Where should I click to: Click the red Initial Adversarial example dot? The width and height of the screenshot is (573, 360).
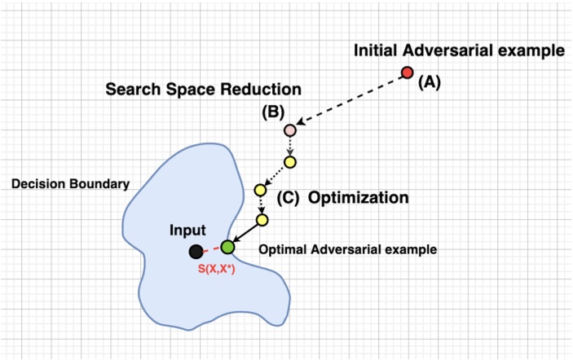408,73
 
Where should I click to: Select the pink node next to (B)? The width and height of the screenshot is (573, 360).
289,130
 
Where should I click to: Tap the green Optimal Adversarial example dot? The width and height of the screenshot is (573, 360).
227,246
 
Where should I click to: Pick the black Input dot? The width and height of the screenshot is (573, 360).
196,252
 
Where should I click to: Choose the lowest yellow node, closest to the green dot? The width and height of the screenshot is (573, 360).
262,220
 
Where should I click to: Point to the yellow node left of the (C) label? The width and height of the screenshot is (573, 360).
260,190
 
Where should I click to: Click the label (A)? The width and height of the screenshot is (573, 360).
430,81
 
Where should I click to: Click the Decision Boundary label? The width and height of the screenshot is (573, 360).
70,184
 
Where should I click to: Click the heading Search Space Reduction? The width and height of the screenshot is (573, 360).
204,88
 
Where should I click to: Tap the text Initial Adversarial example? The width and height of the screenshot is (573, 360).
459,50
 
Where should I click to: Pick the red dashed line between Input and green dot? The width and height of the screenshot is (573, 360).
212,249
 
